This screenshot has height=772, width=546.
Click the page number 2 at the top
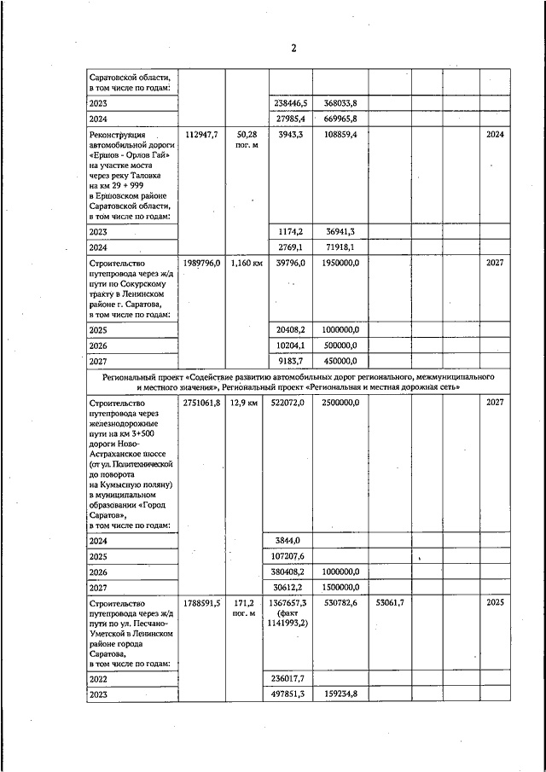click(x=293, y=48)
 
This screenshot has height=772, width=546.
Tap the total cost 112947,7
click(x=201, y=135)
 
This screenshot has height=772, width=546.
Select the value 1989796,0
click(x=201, y=263)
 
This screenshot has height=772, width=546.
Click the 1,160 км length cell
click(x=247, y=263)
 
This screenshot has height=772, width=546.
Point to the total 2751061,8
click(x=201, y=402)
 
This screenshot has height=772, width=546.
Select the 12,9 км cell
click(x=247, y=402)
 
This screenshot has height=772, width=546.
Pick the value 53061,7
click(x=389, y=602)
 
